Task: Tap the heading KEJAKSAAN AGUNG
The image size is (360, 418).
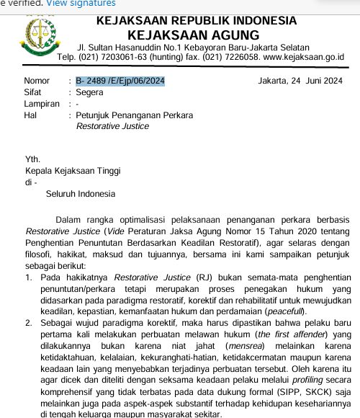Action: point(193,35)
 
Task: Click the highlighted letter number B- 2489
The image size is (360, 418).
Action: point(120,81)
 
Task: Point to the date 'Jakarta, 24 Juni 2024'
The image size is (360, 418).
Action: point(300,81)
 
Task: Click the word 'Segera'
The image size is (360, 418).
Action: point(90,92)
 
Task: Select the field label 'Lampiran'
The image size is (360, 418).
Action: point(42,104)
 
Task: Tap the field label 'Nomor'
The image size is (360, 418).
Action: point(37,81)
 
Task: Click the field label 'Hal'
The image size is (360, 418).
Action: point(30,115)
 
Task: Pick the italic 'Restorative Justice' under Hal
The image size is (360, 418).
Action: point(112,126)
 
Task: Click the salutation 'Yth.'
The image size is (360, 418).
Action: point(33,159)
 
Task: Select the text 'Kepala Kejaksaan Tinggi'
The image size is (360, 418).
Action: point(73,171)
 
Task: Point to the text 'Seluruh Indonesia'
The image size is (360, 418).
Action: point(80,194)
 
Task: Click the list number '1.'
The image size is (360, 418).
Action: point(29,277)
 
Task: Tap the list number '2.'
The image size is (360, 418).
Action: point(29,323)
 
